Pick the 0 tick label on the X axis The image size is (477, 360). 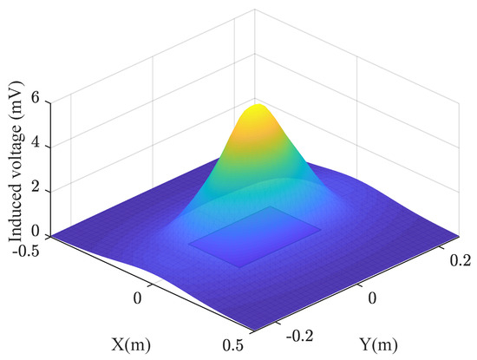135,298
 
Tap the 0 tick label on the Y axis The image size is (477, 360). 372,297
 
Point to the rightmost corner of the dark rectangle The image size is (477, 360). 321,228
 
